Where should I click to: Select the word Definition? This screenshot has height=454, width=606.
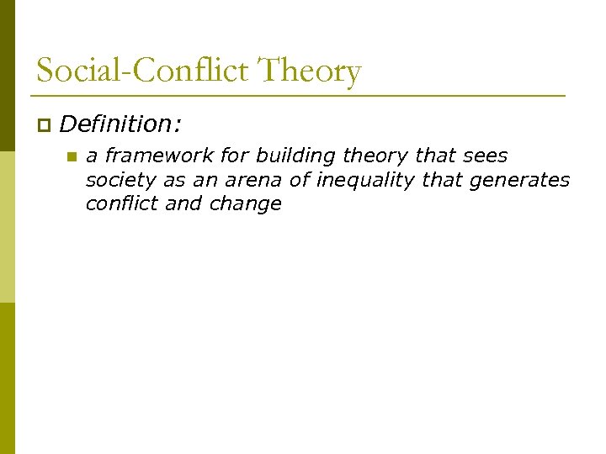120,124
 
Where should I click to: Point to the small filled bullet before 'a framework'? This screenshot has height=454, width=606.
72,156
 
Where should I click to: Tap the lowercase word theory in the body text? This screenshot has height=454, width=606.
378,156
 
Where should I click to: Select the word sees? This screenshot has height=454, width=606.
485,156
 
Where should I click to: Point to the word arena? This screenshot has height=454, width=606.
249,180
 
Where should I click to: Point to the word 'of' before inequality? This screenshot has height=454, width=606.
300,180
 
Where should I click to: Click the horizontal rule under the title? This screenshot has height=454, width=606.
300,96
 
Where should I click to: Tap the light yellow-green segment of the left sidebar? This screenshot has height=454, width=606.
8,227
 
